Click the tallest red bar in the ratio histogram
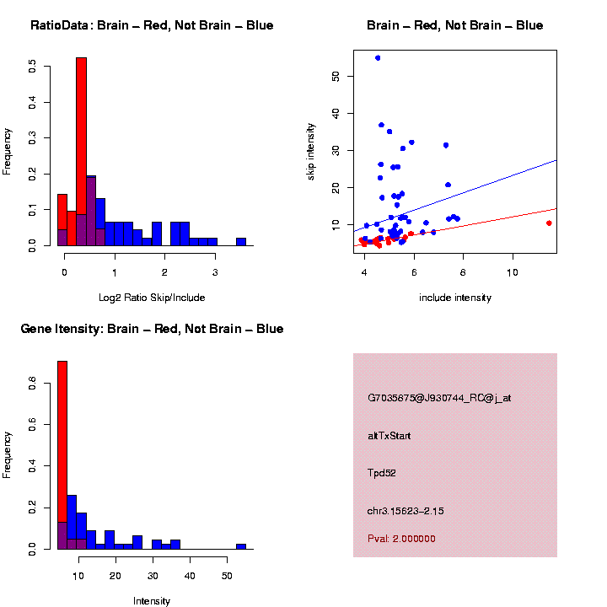tap(82, 152)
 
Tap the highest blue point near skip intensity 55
tap(378, 57)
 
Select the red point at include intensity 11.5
tap(549, 223)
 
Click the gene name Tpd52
tap(382, 473)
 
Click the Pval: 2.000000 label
tap(401, 539)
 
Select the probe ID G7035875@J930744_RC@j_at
tap(439, 398)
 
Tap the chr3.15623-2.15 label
tap(406, 511)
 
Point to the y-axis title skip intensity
tap(310, 151)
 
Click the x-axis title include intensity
tap(455, 298)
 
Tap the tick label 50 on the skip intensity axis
tap(336, 76)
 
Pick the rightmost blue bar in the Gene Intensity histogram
tap(241, 546)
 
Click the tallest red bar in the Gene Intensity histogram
tap(62, 455)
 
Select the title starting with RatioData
tap(152, 26)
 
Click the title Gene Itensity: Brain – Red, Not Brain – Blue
tap(152, 329)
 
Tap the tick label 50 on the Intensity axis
tap(227, 576)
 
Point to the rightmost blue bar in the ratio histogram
tap(241, 242)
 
